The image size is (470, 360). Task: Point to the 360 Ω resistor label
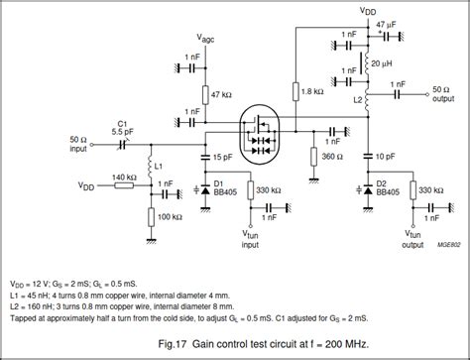334,157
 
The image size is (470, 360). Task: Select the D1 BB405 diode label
213,189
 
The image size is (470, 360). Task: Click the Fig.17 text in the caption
181,342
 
